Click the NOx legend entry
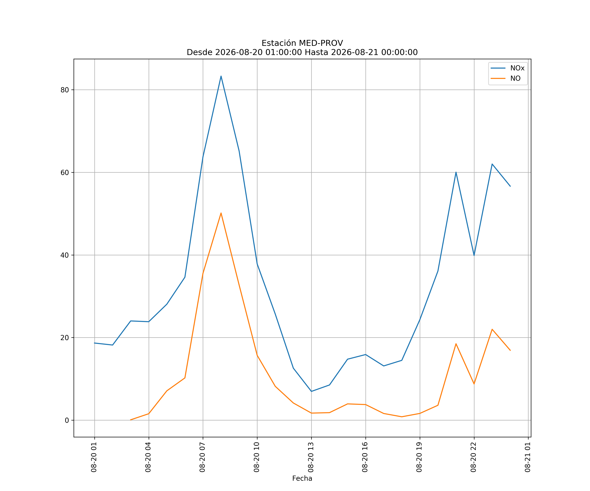click(507, 68)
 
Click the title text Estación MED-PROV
click(302, 43)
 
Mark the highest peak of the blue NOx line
click(221, 76)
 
